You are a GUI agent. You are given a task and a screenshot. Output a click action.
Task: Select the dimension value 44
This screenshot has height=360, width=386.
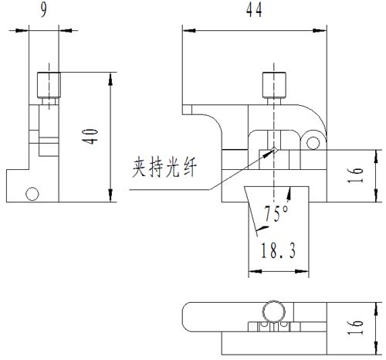coord(252,10)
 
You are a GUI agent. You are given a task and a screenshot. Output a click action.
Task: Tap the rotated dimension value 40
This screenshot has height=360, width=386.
coord(90,138)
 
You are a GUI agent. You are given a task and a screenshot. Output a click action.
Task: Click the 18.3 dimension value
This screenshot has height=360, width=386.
coord(277,250)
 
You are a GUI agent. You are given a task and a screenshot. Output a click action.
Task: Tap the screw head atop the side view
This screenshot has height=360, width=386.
coord(48,80)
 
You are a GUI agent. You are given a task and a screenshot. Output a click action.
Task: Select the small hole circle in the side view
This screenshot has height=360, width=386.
coord(32,193)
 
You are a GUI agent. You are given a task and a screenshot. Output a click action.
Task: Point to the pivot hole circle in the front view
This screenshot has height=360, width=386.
coord(313,141)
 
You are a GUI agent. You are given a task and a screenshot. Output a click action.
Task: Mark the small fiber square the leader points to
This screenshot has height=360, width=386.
coord(274,150)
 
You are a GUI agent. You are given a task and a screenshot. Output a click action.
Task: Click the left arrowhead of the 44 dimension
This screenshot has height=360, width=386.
coord(186,30)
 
